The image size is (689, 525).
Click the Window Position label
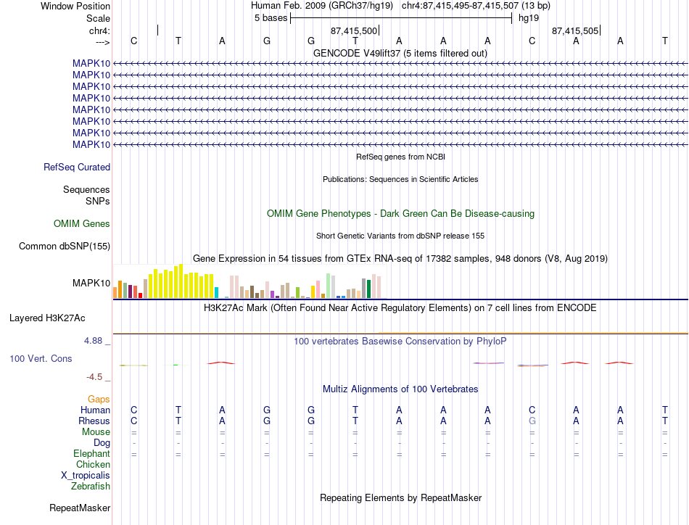[x=75, y=6]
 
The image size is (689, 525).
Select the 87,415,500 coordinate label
[x=354, y=30]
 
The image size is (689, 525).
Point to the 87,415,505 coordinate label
[x=574, y=30]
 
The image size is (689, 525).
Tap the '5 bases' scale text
[x=271, y=18]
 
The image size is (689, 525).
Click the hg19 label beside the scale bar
[x=529, y=18]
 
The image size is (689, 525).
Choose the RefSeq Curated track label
[x=77, y=167]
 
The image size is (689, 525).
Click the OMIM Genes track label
[x=82, y=223]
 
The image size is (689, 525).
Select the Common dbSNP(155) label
[x=65, y=246]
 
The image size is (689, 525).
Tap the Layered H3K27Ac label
[x=47, y=318]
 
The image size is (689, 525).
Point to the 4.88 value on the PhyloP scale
[x=93, y=341]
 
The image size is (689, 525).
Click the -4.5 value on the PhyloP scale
[x=94, y=377]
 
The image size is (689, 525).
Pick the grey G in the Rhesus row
[x=532, y=421]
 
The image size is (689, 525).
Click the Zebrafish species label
[x=91, y=487]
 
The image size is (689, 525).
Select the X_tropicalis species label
[x=86, y=476]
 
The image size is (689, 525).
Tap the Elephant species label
[x=92, y=453]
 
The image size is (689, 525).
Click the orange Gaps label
[x=99, y=399]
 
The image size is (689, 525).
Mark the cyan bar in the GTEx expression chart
[x=216, y=293]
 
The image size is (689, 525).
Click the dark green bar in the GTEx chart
[x=369, y=289]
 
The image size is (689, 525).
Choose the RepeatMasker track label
[x=80, y=508]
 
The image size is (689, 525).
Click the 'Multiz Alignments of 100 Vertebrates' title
[x=400, y=389]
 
